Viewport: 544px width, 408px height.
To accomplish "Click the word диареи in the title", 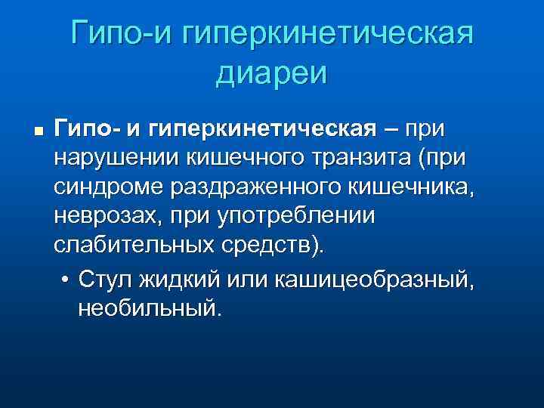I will (272, 74).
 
